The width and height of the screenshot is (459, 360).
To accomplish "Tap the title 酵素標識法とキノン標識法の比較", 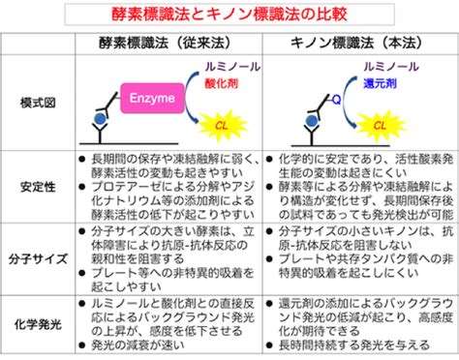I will (229, 15).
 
